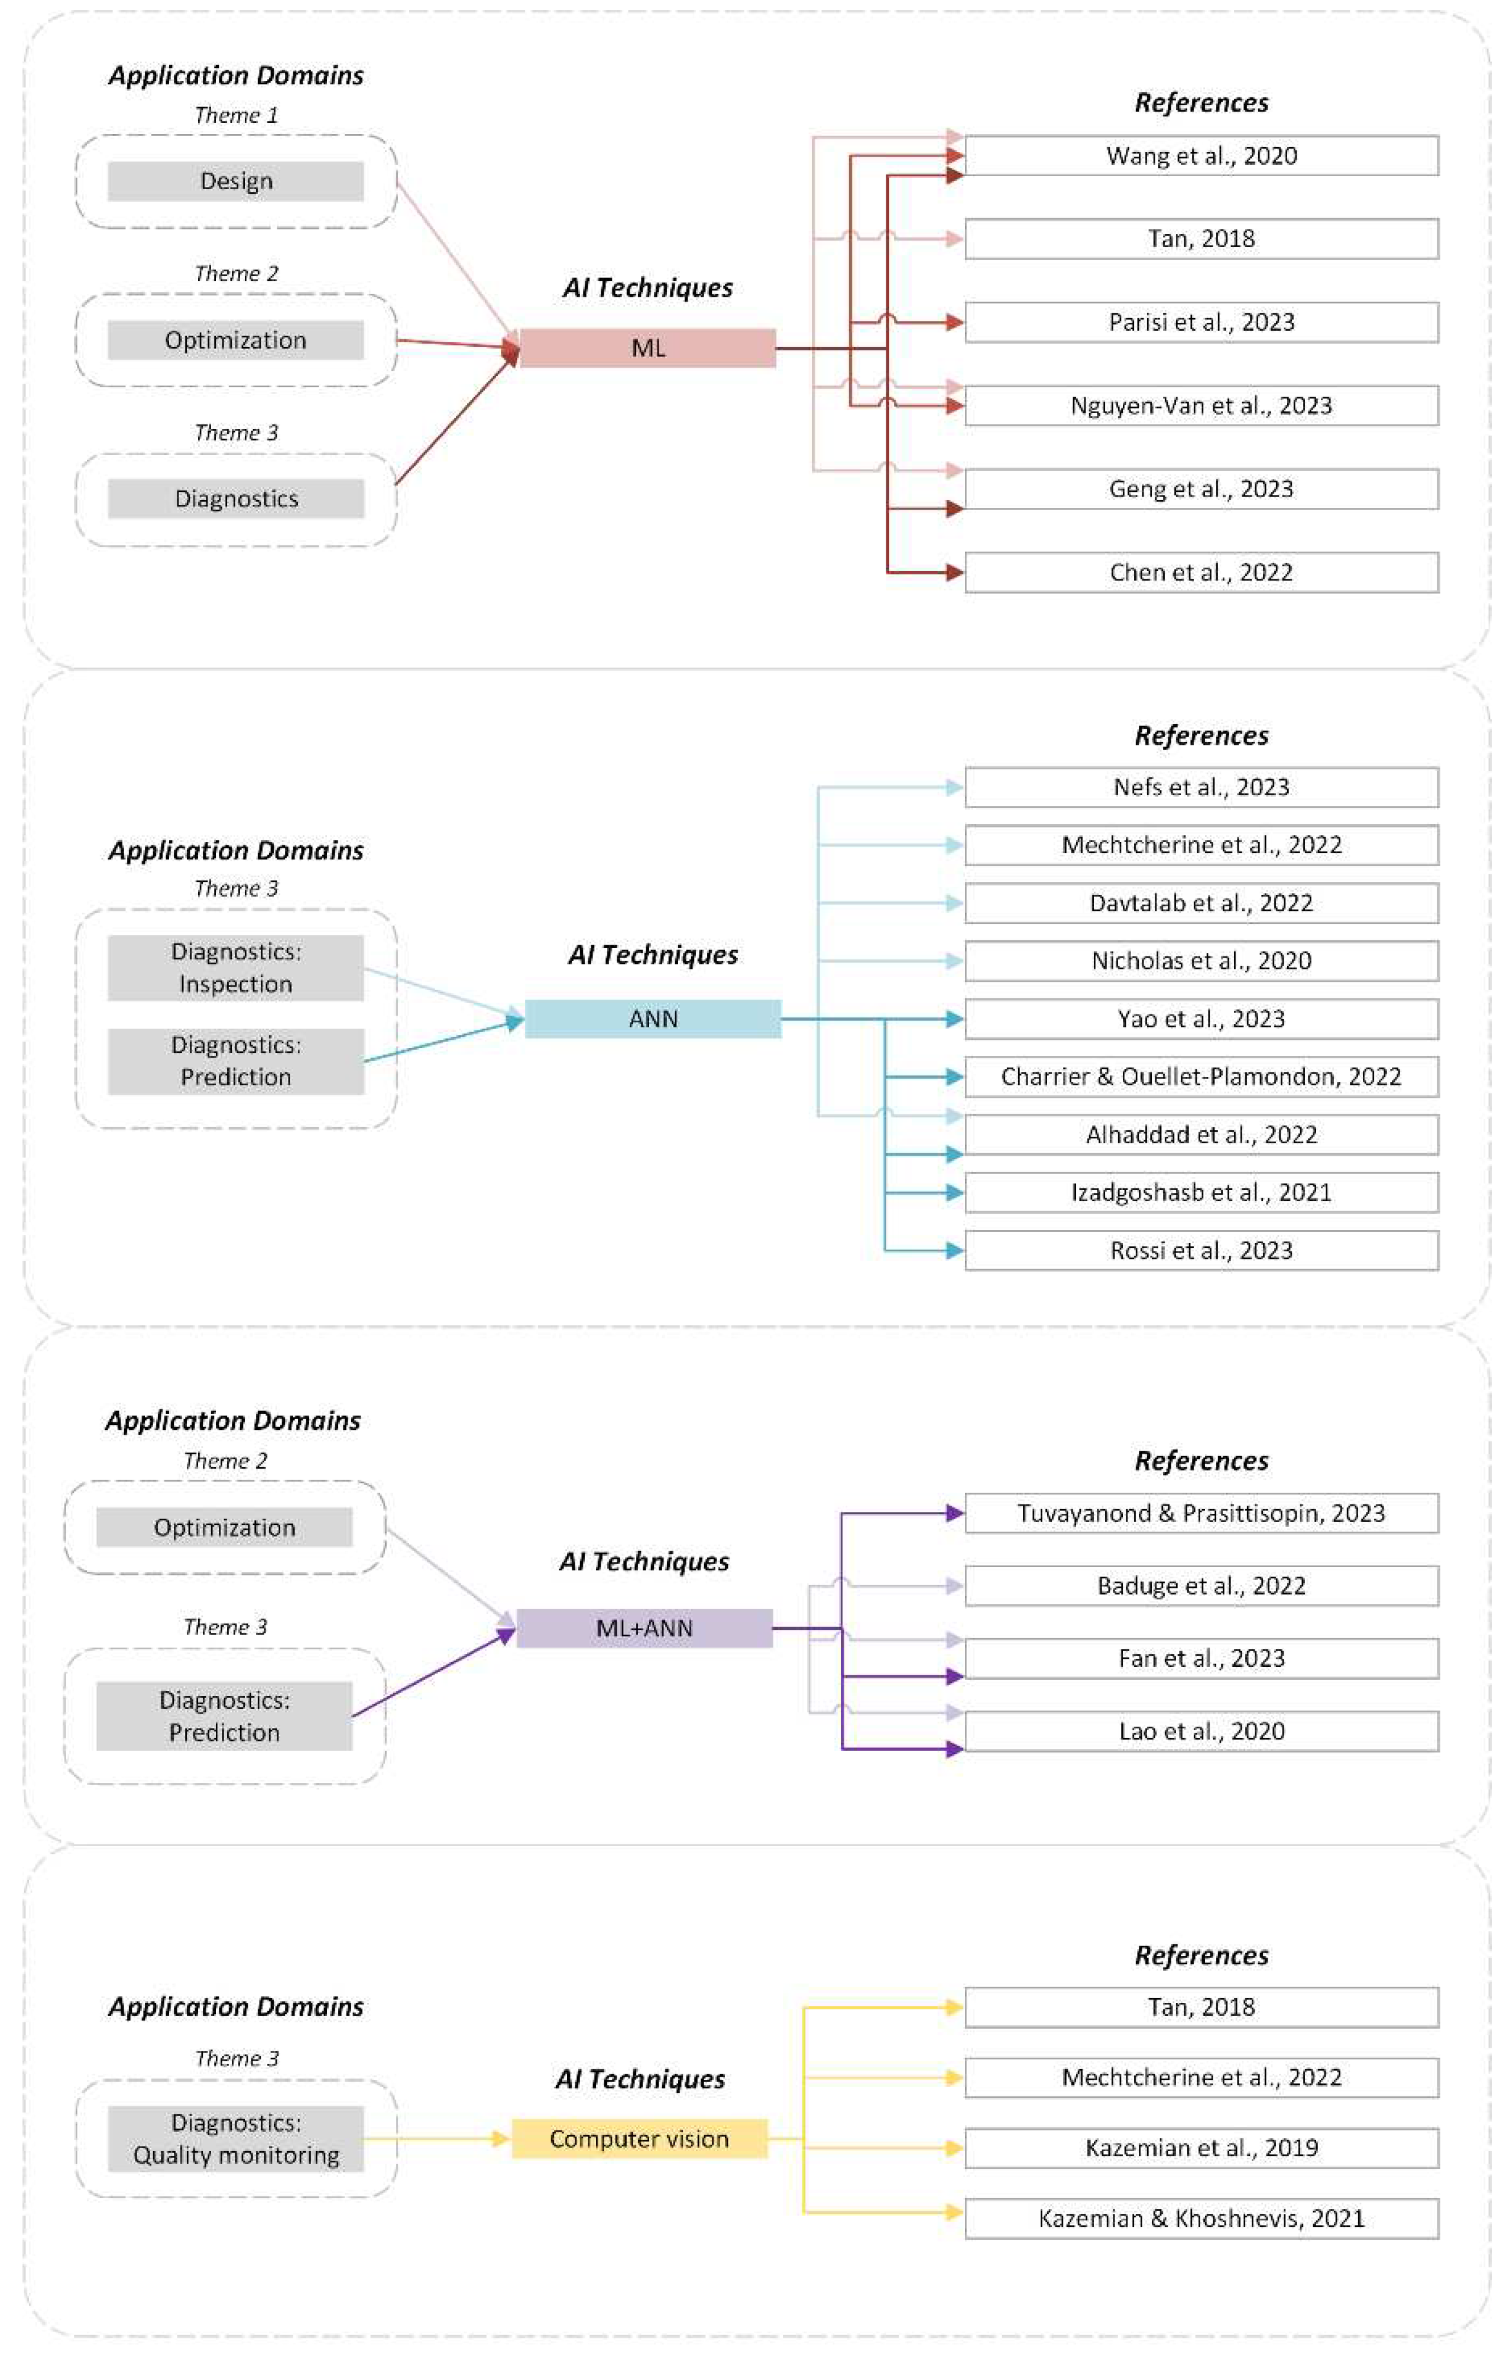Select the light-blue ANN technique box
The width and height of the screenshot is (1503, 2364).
click(x=653, y=1018)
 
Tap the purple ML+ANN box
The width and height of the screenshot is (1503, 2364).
click(x=644, y=1627)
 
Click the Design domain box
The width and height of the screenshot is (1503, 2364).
click(x=235, y=181)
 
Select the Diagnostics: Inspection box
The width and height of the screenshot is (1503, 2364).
click(x=235, y=967)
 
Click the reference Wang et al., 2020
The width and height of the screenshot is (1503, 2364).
click(x=1201, y=155)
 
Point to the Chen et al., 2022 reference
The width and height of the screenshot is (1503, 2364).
click(x=1201, y=572)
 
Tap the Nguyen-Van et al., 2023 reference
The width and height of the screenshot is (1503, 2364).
click(x=1201, y=406)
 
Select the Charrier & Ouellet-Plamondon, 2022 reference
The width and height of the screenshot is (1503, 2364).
click(x=1201, y=1076)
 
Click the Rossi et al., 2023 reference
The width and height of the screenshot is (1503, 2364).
click(x=1201, y=1250)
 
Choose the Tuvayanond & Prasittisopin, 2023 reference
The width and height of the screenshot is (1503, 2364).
click(x=1201, y=1513)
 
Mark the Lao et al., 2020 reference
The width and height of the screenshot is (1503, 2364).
click(x=1201, y=1731)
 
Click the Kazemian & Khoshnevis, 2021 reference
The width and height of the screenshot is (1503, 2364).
click(x=1201, y=2218)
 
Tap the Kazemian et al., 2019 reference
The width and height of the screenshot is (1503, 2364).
click(x=1201, y=2147)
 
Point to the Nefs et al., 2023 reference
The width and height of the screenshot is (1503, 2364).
click(x=1201, y=786)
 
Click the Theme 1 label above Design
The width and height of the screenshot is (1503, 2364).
click(x=235, y=115)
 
